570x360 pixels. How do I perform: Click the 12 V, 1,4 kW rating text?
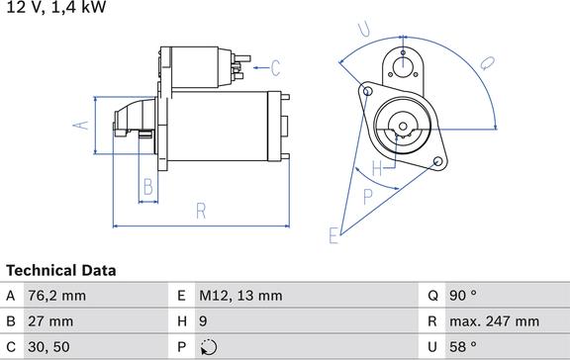[56, 7]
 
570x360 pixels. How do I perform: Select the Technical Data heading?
[61, 271]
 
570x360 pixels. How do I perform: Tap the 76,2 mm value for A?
[57, 296]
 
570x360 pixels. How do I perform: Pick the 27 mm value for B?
[50, 321]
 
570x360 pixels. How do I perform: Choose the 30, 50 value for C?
[48, 347]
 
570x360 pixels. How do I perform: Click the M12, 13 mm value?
[240, 296]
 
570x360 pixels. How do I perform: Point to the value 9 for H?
[203, 321]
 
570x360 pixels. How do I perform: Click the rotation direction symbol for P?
[209, 347]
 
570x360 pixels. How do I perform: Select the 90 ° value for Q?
[463, 296]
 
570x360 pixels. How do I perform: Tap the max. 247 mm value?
[495, 321]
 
